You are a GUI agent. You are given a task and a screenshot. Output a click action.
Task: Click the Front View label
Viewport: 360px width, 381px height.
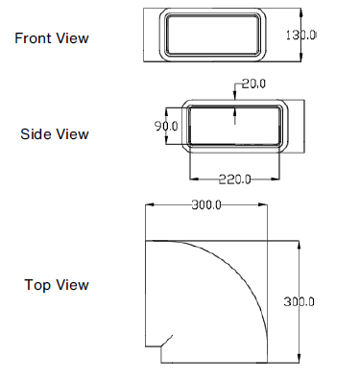coord(52,38)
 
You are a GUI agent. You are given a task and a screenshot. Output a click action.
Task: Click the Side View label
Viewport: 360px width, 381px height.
coord(55,134)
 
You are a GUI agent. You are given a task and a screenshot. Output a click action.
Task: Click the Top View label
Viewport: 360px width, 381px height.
coord(57,285)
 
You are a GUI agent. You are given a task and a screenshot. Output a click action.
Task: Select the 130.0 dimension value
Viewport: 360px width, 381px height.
coord(301,35)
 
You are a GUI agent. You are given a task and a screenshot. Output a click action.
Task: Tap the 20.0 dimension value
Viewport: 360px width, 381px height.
coord(254,84)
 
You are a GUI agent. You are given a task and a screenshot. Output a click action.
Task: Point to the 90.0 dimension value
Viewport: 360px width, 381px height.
coord(167,126)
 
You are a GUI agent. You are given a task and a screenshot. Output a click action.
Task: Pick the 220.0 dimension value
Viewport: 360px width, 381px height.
coord(235,179)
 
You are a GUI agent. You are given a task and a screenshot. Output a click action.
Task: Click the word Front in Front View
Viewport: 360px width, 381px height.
coord(34,38)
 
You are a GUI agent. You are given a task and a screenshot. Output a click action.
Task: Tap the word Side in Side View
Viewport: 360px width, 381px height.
coord(36,134)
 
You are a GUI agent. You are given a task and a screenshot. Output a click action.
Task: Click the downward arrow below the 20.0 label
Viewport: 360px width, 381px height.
coord(236,97)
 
